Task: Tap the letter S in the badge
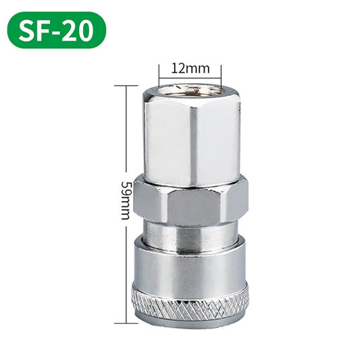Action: (x=27, y=30)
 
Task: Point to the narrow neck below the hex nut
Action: (x=190, y=233)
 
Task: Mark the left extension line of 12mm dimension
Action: (x=159, y=72)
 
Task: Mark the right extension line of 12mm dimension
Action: (x=221, y=72)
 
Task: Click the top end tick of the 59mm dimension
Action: (x=126, y=86)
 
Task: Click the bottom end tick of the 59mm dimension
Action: (x=126, y=322)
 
